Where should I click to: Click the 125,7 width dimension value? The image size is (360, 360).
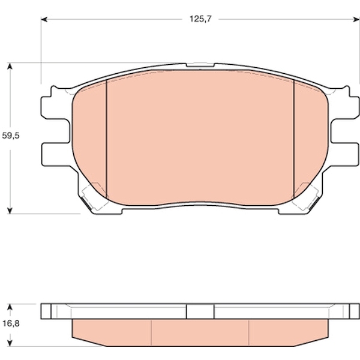click(x=200, y=19)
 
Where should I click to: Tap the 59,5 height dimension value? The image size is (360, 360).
click(x=11, y=136)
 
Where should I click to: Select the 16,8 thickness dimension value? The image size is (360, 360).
click(x=11, y=324)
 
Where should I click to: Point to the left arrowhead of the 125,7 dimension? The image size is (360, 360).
click(x=44, y=20)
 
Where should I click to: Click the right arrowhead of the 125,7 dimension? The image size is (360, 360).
click(x=356, y=20)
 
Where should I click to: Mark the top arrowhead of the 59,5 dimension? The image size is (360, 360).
click(x=10, y=67)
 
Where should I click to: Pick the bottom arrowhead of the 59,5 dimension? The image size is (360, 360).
click(x=10, y=211)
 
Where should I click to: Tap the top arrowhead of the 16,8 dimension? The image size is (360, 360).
click(x=10, y=307)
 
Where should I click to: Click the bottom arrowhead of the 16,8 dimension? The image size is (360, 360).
click(x=10, y=343)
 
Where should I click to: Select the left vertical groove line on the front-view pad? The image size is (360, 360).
click(x=107, y=139)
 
